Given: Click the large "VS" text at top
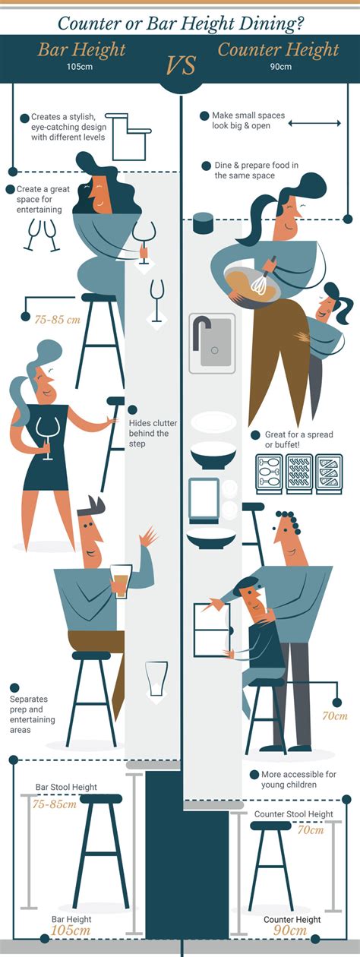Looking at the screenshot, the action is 181,65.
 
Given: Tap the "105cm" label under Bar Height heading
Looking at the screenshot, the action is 80,67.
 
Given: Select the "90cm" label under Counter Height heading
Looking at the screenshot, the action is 281,67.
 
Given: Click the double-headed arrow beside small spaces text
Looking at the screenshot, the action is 314,124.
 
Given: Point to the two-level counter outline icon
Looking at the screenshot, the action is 128,137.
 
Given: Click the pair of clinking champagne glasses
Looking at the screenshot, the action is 42,235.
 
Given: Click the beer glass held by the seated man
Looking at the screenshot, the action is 121,581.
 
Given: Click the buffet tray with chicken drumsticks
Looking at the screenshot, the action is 269,474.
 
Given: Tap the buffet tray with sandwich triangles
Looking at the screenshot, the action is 330,474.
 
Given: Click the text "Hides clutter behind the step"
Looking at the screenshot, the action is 153,433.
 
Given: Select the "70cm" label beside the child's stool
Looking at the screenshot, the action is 335,715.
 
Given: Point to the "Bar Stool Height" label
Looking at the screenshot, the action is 66,787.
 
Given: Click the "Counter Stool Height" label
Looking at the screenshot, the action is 293,814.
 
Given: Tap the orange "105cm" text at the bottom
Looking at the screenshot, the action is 71,930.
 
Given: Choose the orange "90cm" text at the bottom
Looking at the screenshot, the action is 290,930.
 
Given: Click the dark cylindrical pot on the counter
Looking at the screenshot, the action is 203,223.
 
